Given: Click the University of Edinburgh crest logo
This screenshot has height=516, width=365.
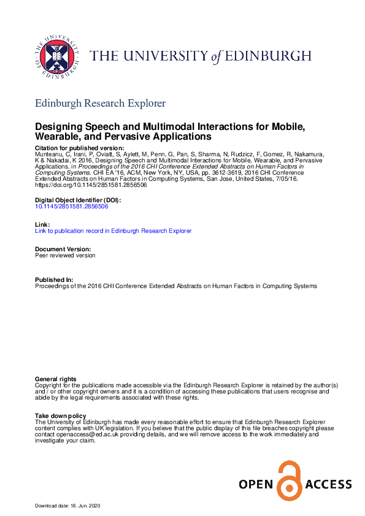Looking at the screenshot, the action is coord(57,56).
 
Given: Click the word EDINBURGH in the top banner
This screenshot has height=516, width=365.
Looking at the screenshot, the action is coord(274,57).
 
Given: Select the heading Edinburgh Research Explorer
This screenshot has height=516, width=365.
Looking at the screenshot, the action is coord(100,103).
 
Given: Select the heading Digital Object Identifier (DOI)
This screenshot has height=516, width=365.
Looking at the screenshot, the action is coord(78,200).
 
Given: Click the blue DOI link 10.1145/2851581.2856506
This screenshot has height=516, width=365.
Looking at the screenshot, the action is coord(72,207).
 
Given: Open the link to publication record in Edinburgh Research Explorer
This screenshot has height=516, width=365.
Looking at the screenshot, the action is coord(113,231).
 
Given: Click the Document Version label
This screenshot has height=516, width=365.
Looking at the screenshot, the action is coord(63,249).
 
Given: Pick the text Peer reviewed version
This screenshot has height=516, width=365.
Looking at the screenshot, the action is coord(65,256).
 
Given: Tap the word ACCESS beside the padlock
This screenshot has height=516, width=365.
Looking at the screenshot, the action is coord(326,485).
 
